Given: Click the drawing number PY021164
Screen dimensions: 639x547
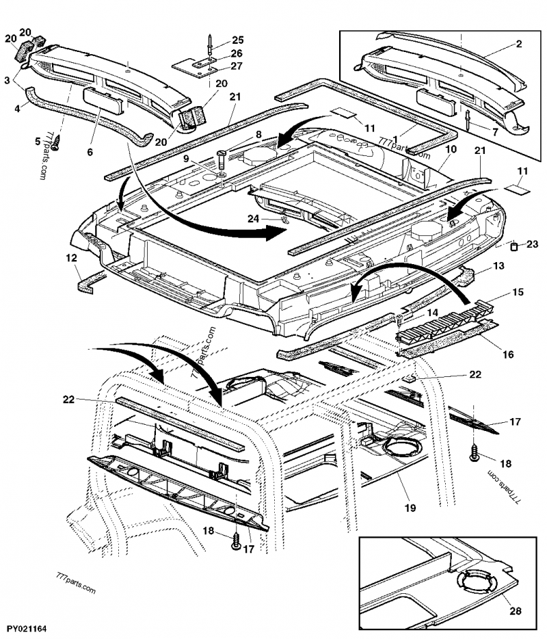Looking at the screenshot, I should click(x=27, y=627).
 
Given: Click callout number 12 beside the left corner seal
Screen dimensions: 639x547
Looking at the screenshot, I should click(x=71, y=259).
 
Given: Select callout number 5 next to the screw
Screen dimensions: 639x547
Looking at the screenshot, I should click(x=38, y=142).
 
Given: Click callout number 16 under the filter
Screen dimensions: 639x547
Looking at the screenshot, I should click(x=507, y=355).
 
